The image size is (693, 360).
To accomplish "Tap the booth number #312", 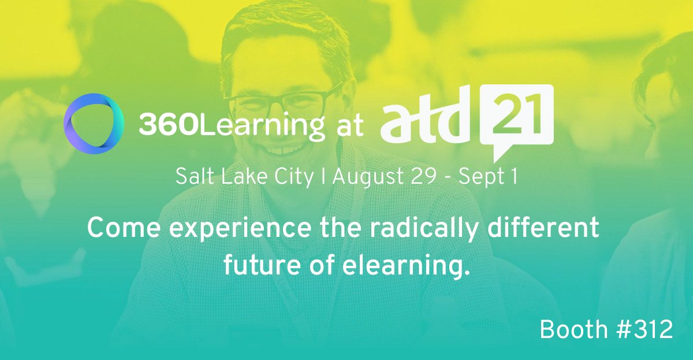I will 646,329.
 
